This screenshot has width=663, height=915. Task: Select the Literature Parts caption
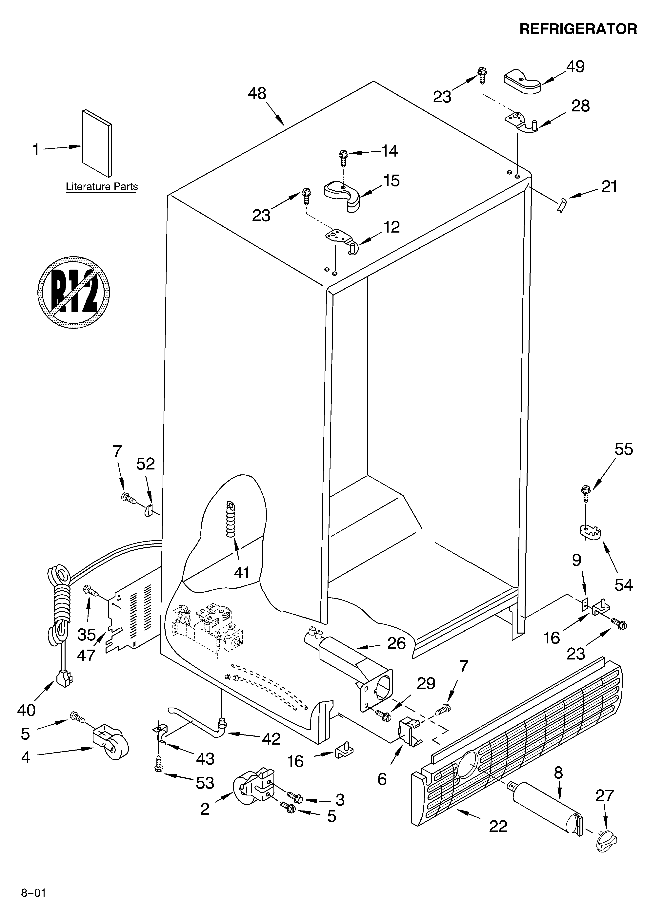point(102,187)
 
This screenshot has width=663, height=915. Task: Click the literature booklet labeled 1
point(97,143)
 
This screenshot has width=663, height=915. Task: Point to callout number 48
point(257,94)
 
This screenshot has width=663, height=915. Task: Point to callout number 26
point(396,643)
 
